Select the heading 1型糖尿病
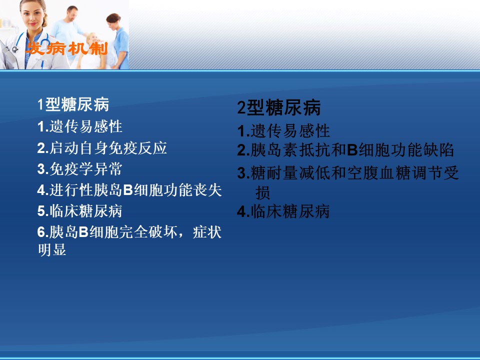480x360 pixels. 73,104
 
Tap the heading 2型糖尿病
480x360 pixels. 279,107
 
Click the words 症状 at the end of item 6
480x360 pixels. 207,232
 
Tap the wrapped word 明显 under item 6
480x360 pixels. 52,249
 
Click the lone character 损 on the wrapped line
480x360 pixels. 262,193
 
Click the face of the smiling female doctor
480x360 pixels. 32,15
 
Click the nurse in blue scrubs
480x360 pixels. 118,40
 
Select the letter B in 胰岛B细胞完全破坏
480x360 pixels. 83,232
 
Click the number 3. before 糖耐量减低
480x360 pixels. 243,173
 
